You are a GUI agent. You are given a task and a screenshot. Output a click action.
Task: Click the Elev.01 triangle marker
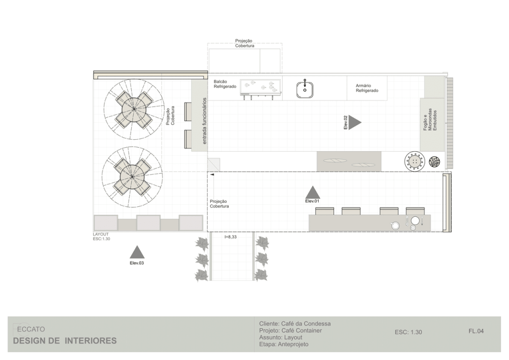point(313,192)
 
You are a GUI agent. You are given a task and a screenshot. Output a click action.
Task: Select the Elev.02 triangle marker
point(355,122)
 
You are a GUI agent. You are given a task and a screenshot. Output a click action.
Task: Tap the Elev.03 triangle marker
point(137,252)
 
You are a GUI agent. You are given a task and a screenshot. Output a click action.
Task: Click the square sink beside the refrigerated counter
point(305,90)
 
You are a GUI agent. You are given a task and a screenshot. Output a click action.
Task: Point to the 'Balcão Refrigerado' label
point(225,84)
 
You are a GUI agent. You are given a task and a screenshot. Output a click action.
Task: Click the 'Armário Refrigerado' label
point(367,88)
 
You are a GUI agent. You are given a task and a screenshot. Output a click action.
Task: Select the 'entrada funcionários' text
point(204,121)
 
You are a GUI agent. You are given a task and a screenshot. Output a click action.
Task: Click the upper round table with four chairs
point(134,109)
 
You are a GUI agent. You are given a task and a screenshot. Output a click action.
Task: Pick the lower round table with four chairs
point(132,177)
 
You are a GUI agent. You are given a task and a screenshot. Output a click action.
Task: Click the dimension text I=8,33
point(231,237)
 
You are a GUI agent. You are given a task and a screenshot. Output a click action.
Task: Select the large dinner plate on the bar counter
point(415,221)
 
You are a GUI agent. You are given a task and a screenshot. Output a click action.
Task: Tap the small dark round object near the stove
point(434,162)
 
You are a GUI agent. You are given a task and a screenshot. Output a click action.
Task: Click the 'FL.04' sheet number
point(476,331)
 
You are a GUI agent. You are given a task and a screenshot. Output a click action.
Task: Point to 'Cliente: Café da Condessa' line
point(295,324)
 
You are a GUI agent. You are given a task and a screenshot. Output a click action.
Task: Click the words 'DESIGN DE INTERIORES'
point(65,341)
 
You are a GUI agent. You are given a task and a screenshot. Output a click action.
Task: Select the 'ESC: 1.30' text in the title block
point(409,332)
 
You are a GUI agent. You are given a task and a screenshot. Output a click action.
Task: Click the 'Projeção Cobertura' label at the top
point(245,43)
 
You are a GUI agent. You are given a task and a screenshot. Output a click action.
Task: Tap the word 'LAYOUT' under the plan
point(100,234)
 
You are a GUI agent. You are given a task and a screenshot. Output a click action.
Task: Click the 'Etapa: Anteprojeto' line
point(284,344)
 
